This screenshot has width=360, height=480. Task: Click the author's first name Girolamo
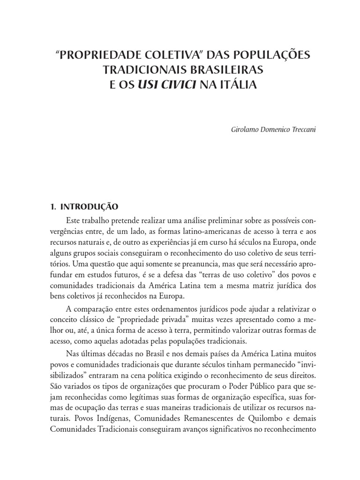[x=240, y=128]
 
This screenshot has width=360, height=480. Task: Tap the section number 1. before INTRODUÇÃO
[x=53, y=207]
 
